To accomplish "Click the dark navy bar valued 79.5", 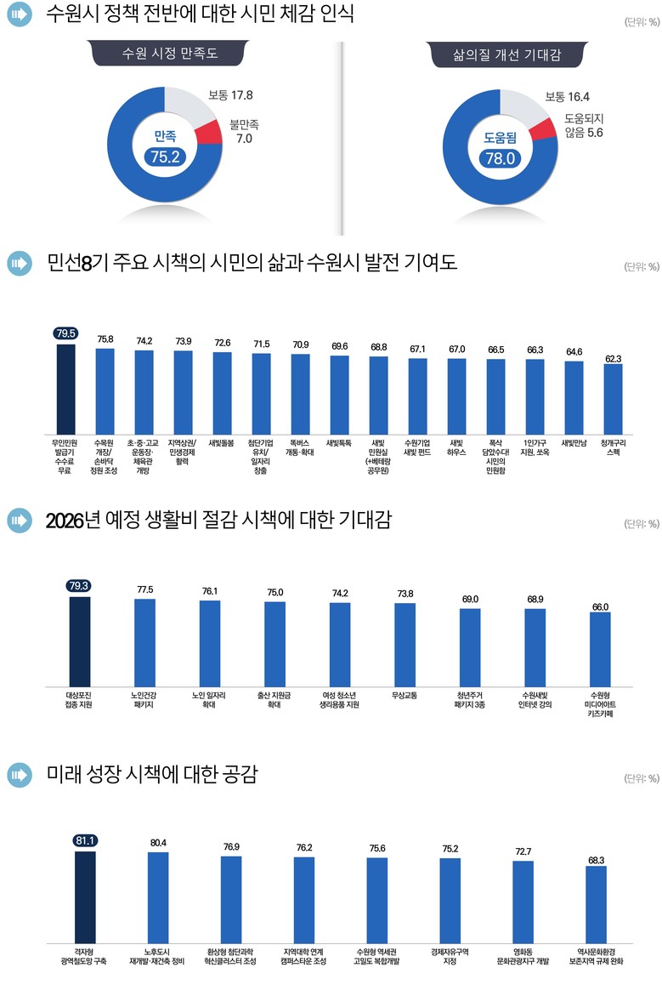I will tap(65, 388).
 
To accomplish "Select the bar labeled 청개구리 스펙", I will tap(612, 401).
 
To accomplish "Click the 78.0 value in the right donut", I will tap(499, 157).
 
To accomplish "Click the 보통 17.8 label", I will tap(229, 96).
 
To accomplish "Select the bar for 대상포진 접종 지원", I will tap(79, 641).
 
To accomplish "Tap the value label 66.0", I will tap(600, 606).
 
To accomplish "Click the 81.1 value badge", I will tap(86, 840).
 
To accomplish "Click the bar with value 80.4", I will tap(158, 896).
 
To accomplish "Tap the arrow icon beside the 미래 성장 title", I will tap(20, 775).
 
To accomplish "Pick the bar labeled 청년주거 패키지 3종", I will tap(469, 648).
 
